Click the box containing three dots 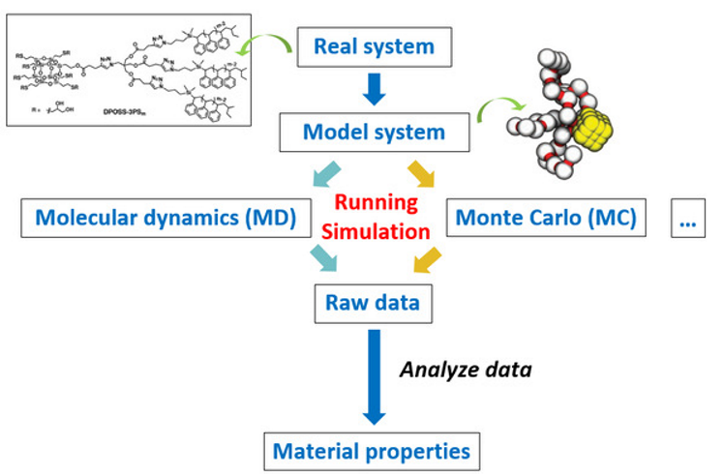point(688,220)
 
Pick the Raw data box point(374,303)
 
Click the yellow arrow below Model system point(422,174)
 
